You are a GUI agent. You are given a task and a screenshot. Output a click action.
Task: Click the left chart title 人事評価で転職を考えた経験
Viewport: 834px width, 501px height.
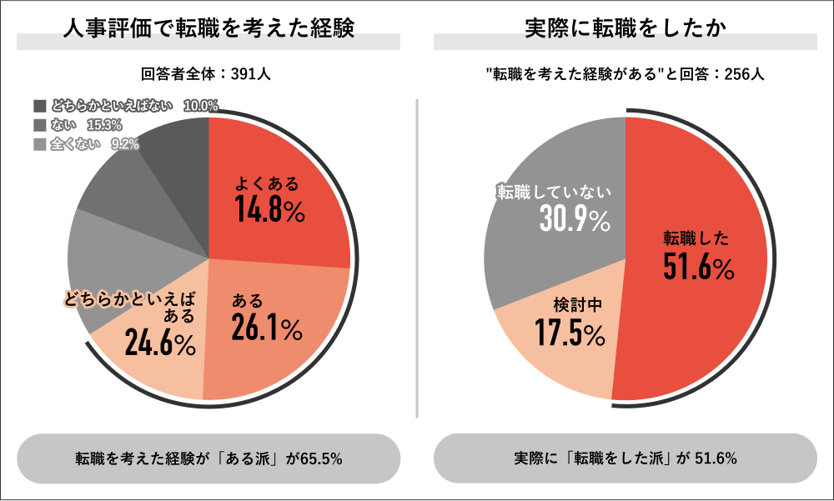[208, 28]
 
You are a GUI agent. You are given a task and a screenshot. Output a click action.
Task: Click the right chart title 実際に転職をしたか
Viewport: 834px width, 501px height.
[625, 28]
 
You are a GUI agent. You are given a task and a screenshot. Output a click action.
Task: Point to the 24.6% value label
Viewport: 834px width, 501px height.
[160, 343]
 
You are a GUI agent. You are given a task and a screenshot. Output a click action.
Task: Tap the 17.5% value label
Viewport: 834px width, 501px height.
[570, 333]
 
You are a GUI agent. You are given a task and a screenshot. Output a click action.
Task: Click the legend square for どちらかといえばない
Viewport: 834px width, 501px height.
[39, 106]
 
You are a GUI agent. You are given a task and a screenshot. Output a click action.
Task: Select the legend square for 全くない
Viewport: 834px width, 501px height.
[39, 144]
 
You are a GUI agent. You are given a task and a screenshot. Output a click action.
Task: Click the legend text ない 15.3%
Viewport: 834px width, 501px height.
[87, 125]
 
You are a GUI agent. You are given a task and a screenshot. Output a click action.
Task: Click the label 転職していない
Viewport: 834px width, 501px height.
[554, 191]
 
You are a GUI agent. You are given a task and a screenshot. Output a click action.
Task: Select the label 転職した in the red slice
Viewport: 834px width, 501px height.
[696, 239]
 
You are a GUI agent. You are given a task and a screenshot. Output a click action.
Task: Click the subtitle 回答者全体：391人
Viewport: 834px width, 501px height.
[206, 74]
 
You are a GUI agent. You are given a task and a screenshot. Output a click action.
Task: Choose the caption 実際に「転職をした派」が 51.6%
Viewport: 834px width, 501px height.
[625, 458]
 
